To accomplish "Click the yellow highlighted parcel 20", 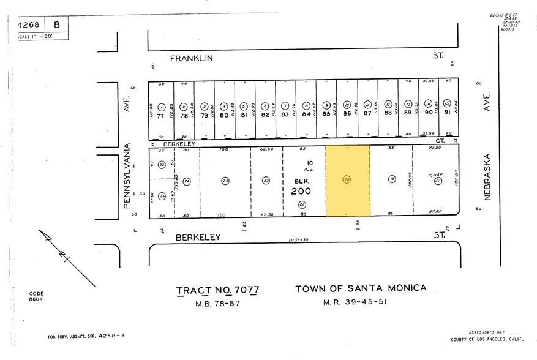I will coord(347,180).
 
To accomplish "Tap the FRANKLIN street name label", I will coord(191,58).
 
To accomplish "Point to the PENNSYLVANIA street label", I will coord(128,176).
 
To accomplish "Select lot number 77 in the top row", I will coord(160,114).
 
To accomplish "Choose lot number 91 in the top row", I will coord(448,112).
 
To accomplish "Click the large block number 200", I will coord(301,191).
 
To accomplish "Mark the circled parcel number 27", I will coord(438,181).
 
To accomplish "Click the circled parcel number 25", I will coord(162,165).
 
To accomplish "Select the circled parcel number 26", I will coord(162,196).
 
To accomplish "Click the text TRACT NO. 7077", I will coord(217,290).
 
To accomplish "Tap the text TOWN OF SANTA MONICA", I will coord(361,288).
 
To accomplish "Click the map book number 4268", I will coord(28,25).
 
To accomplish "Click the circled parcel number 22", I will coord(266,181).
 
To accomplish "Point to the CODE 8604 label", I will coord(36,297).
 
